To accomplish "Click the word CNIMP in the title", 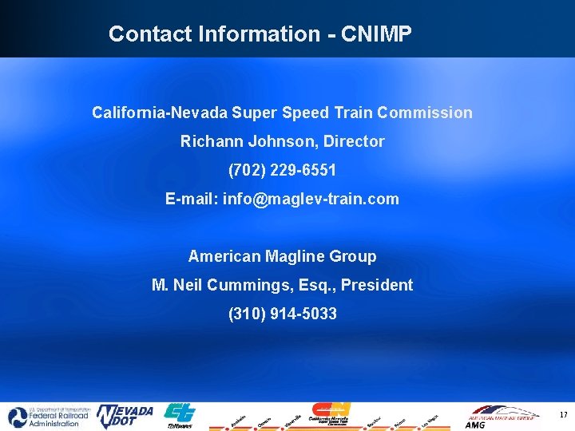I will coord(376,34).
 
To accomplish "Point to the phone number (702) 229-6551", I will coord(282,170).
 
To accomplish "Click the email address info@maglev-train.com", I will coord(311,199).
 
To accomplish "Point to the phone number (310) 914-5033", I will coord(282,314).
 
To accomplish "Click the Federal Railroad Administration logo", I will coord(45,417).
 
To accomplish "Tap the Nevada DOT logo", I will coord(125,416).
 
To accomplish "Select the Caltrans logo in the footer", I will coord(179,416).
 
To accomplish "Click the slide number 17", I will coord(563,415).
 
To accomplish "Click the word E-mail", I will coord(192,199).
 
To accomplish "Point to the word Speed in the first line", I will coord(307,113).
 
